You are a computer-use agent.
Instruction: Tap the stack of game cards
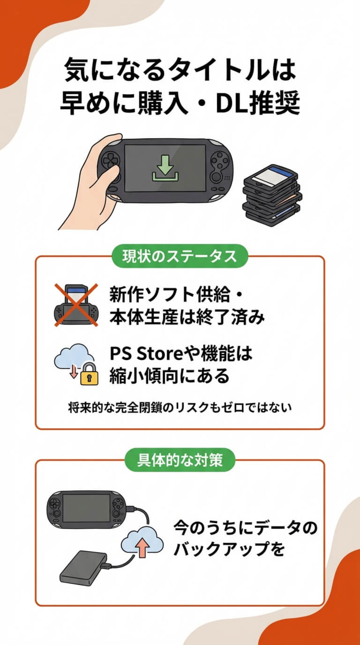pos(271,195)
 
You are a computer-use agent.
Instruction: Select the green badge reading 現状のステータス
pos(179,256)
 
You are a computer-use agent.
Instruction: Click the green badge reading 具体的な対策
pos(180,460)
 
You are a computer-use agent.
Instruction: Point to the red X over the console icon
pos(76,305)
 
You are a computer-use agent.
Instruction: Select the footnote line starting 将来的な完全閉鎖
pos(180,408)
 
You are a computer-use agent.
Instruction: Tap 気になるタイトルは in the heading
pos(180,70)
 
